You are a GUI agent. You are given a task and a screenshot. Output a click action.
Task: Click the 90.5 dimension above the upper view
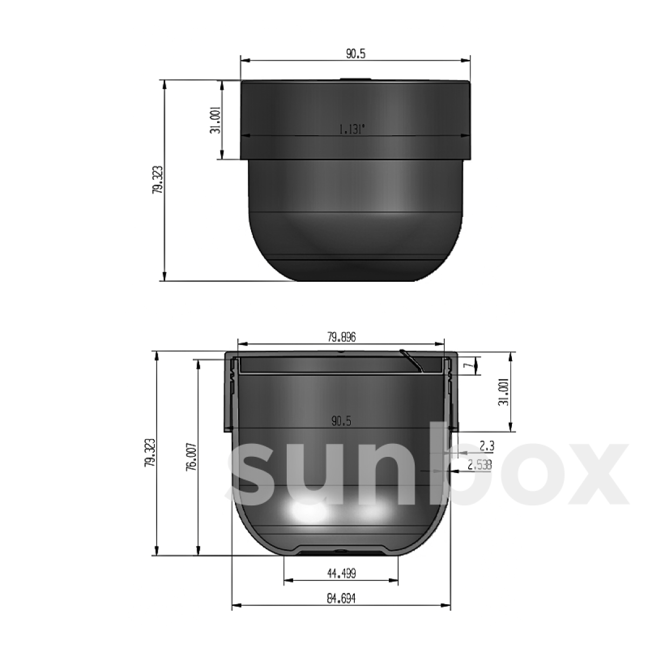pos(355,53)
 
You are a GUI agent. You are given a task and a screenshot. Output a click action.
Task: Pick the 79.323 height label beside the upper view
pos(157,180)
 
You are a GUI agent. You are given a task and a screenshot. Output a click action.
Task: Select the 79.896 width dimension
pos(341,337)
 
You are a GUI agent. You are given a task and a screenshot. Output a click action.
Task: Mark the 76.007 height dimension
pos(191,458)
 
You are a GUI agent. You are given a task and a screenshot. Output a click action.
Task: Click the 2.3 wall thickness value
pos(487,446)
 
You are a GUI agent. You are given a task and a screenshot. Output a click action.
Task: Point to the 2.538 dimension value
pos(480,464)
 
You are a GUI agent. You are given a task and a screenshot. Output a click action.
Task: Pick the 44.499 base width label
pos(341,573)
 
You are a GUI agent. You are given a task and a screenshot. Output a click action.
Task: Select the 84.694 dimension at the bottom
pos(341,599)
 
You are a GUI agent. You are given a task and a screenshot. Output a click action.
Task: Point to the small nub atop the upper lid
pos(355,79)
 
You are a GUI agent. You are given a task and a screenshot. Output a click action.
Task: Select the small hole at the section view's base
pos(341,551)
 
